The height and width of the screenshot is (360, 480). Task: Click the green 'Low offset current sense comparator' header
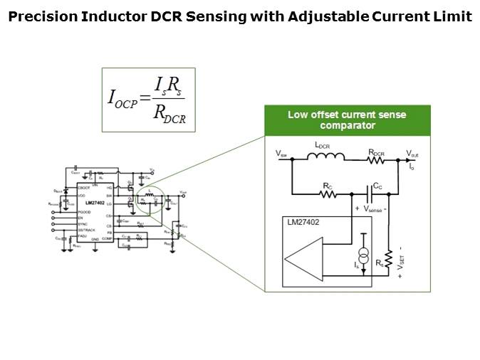348,120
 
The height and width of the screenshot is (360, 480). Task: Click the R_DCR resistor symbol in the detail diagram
376,160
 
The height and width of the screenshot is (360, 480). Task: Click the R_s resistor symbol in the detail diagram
389,259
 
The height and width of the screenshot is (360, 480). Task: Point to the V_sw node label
281,153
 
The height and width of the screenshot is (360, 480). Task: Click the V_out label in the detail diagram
413,153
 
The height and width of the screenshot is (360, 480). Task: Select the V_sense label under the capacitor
372,209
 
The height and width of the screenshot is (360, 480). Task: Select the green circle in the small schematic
150,200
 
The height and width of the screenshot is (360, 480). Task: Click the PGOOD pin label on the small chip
84,213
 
